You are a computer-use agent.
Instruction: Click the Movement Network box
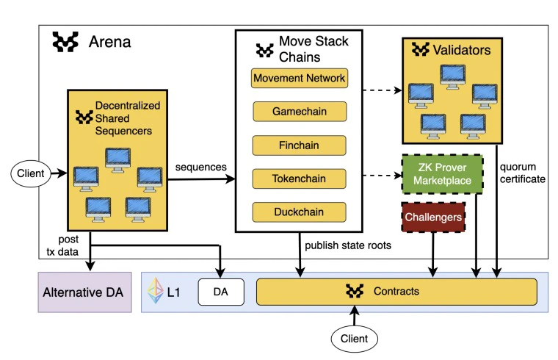[299, 78]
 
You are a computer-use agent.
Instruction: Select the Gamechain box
[299, 112]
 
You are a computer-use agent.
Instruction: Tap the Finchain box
[299, 145]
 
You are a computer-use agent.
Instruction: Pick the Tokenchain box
[299, 179]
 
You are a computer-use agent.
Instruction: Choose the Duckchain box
[299, 212]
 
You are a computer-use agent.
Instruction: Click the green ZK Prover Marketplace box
[441, 173]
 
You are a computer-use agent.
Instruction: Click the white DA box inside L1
[220, 292]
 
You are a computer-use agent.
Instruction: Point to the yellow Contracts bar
[396, 292]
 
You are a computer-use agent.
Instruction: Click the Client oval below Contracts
[355, 339]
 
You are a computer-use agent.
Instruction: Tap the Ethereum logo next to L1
[156, 292]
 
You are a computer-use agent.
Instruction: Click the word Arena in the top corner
[109, 42]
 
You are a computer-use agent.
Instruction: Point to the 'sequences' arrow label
[200, 168]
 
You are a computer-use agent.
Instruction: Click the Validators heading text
[462, 50]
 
